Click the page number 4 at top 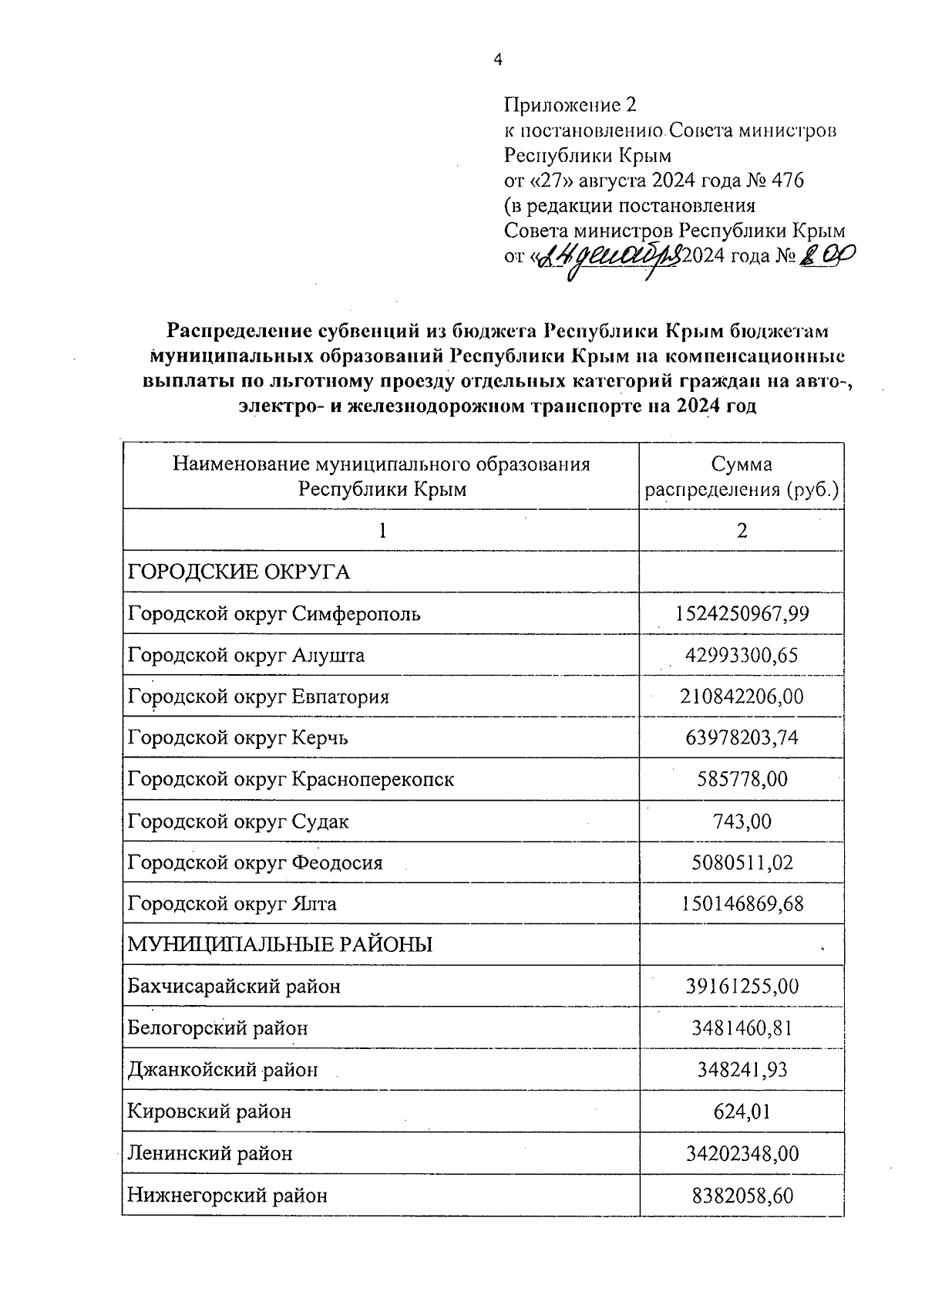point(497,60)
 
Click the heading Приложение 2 point(571,105)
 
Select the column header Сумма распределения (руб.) point(742,477)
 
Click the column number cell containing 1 point(381,531)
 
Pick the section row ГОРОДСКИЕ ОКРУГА point(239,572)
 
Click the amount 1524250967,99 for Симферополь point(742,614)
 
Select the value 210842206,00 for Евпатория point(742,697)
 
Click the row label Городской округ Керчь point(238,738)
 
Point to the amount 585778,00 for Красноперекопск point(742,780)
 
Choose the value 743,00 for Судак point(742,821)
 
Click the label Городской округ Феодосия point(255,862)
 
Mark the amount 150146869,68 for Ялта point(742,903)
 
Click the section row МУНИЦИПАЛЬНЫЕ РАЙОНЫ point(280,945)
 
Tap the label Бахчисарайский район point(234,987)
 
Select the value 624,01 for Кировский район point(742,1112)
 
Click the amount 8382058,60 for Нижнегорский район point(742,1196)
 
